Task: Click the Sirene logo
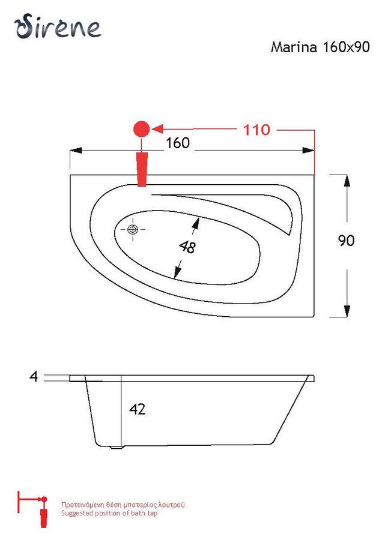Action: click(58, 26)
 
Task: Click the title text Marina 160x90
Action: click(320, 47)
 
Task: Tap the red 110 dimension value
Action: click(256, 130)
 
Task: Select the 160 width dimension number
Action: click(178, 143)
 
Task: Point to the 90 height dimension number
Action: click(346, 241)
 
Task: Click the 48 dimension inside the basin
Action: click(187, 247)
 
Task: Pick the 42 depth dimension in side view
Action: click(137, 409)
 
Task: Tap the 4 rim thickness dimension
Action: click(34, 376)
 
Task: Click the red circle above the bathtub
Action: click(141, 130)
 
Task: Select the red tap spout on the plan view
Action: click(142, 169)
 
